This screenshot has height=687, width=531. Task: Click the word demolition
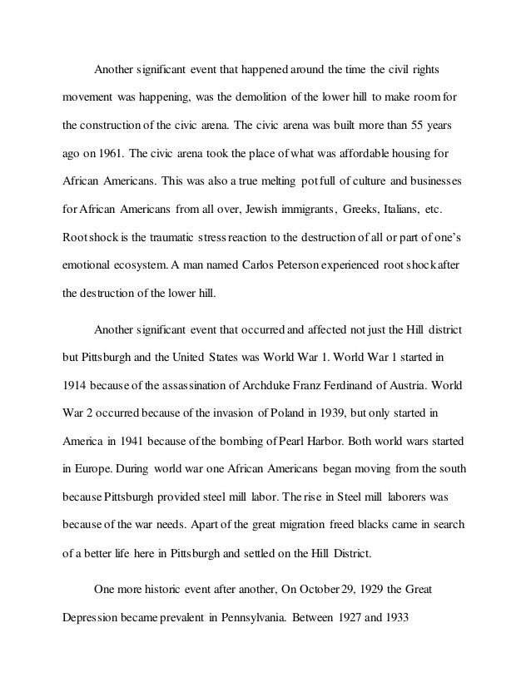tap(258, 97)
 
